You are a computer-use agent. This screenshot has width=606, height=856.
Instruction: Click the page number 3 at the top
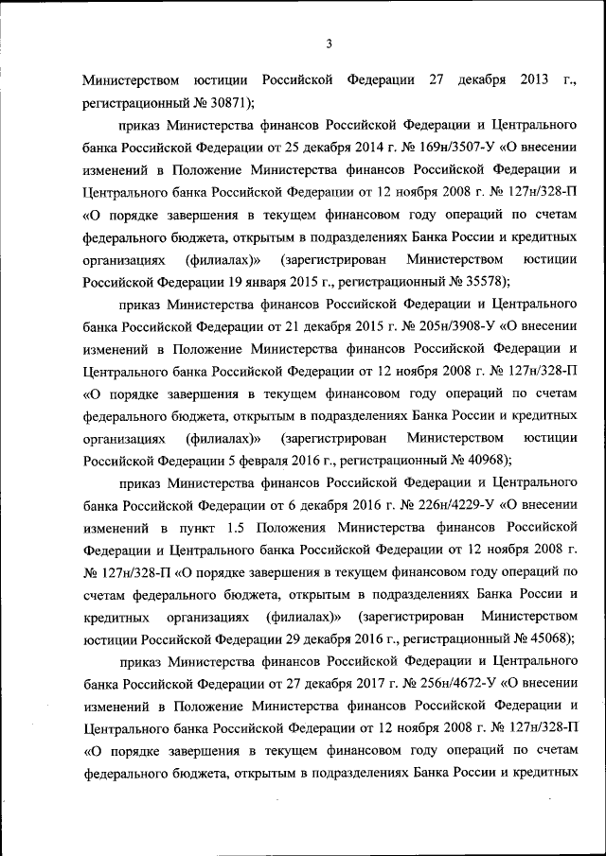click(329, 43)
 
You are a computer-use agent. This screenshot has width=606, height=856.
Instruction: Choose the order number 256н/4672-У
click(451, 684)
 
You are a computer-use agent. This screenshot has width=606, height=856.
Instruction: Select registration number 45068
click(542, 639)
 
